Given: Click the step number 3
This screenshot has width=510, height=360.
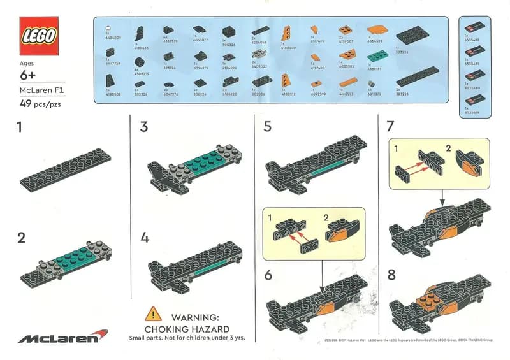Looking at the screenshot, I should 144,127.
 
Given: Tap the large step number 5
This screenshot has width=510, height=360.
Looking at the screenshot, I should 268,127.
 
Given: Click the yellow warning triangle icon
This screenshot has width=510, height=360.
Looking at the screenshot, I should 153,313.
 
